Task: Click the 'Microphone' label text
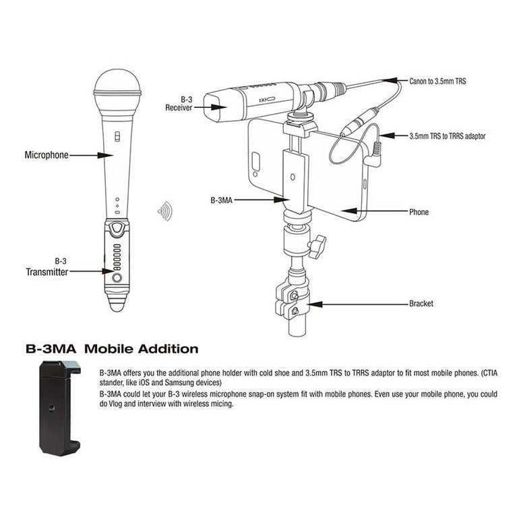click(x=47, y=155)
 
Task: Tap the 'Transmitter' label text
click(x=47, y=272)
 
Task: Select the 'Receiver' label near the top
click(x=179, y=107)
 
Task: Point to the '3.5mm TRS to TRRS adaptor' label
click(x=447, y=135)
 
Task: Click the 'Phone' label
click(x=419, y=212)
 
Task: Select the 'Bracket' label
click(x=421, y=304)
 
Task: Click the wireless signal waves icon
click(x=164, y=212)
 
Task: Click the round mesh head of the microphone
click(x=117, y=84)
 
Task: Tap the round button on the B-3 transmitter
click(x=117, y=276)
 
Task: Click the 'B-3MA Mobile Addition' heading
click(x=112, y=349)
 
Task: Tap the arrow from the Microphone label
click(x=91, y=155)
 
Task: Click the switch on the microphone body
click(x=117, y=137)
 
